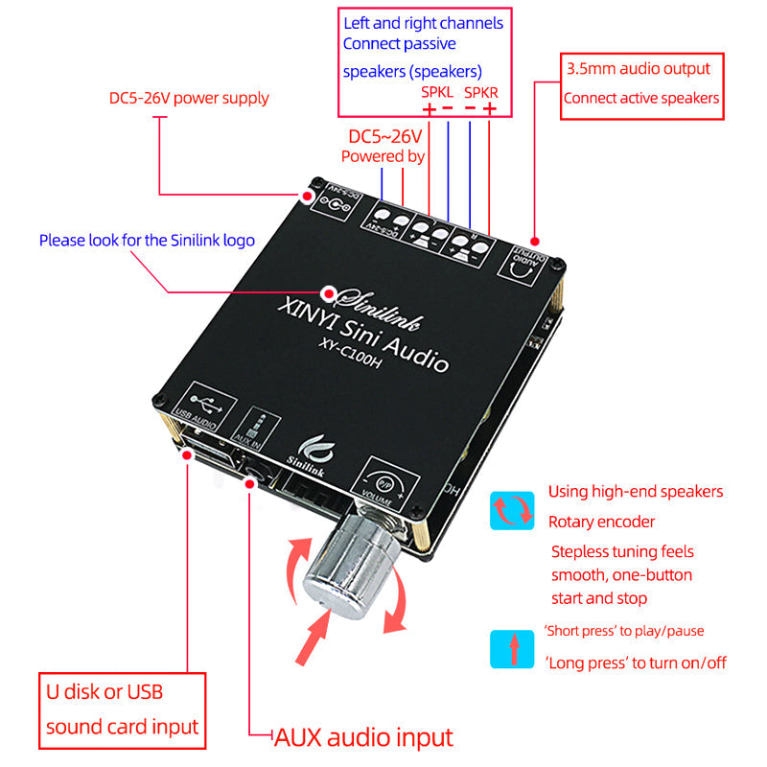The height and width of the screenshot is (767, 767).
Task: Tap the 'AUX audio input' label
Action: coord(363,736)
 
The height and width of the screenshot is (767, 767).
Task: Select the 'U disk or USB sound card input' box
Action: coord(123,710)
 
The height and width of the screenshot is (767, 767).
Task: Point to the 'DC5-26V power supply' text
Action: coord(189,98)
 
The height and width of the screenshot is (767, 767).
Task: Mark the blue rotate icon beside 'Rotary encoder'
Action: coord(512,510)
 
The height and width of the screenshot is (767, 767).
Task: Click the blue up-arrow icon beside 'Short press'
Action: coord(512,648)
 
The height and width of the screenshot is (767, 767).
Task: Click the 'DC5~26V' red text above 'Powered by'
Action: coord(385,136)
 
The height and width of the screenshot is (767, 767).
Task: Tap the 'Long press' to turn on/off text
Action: coord(636,662)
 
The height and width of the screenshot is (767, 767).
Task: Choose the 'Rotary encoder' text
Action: coord(601,522)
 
